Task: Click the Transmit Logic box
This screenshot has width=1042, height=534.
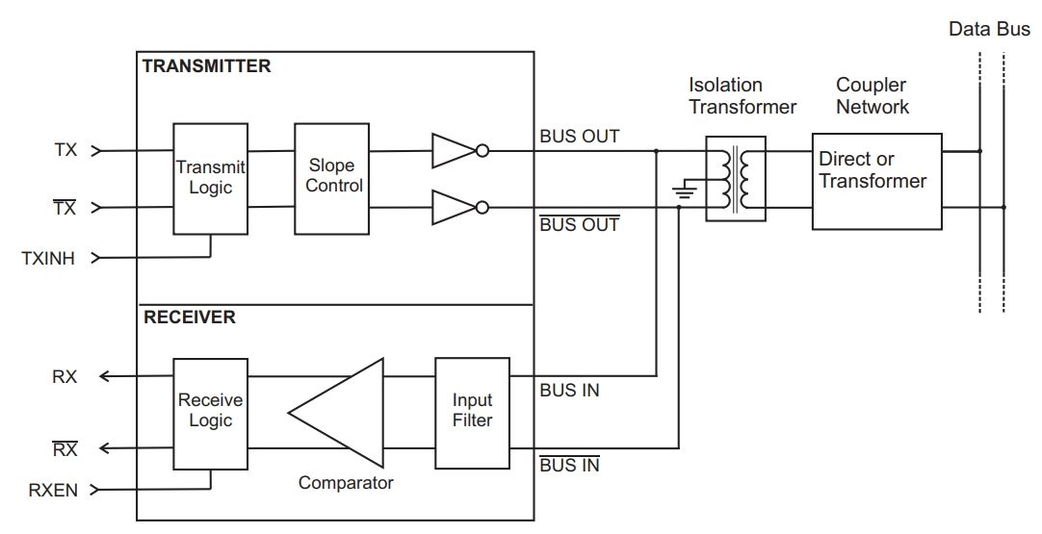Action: [x=210, y=178]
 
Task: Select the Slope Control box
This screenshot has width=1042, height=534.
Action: [x=331, y=178]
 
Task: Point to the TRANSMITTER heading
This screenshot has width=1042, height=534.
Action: [x=206, y=66]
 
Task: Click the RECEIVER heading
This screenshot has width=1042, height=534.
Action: [x=189, y=317]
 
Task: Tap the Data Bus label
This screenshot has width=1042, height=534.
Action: [x=989, y=29]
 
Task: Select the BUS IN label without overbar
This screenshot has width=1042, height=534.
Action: [x=569, y=391]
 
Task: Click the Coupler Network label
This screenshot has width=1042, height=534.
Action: [x=873, y=96]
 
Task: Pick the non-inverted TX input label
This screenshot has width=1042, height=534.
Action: [x=65, y=150]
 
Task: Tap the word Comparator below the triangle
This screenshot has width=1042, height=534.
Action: [x=346, y=483]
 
